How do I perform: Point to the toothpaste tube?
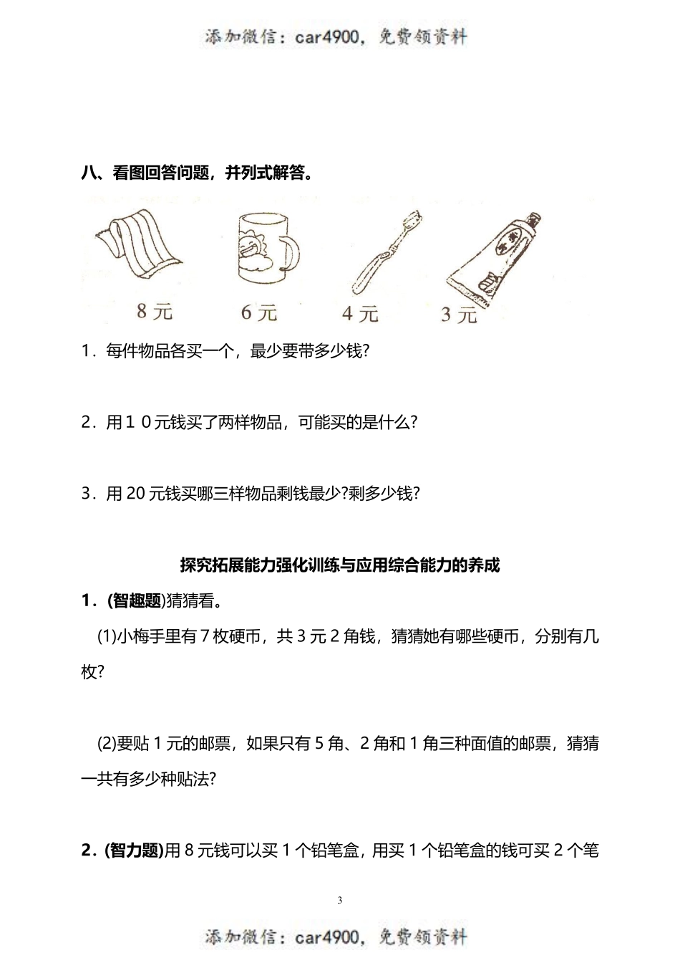tap(494, 258)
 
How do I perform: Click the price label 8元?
tap(155, 312)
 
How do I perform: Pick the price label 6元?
tap(258, 312)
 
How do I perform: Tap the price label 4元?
tap(359, 313)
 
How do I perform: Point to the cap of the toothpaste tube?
tap(533, 221)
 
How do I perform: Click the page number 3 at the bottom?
tap(340, 900)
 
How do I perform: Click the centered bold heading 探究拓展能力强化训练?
tap(339, 565)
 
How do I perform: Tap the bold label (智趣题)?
tap(135, 600)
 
